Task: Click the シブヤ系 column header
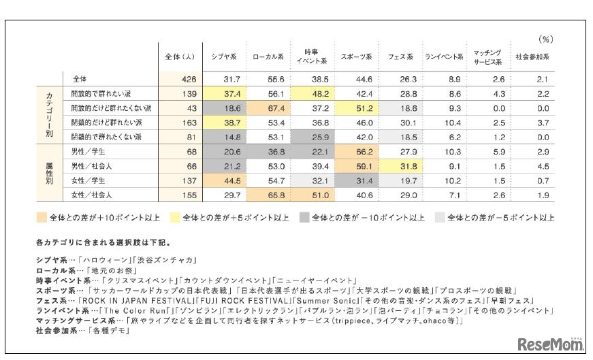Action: click(x=224, y=56)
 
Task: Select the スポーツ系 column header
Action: click(x=356, y=56)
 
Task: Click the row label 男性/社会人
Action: click(x=92, y=166)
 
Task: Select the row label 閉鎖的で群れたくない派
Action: click(x=112, y=137)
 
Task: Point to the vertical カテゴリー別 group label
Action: click(x=49, y=115)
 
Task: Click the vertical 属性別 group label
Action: click(x=49, y=174)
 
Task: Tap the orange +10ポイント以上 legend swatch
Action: click(x=43, y=218)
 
